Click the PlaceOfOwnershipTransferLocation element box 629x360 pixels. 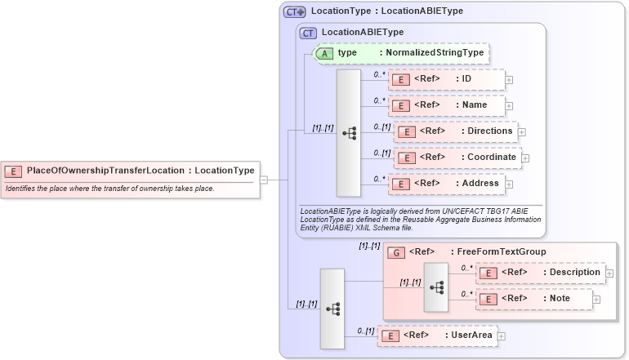(132, 171)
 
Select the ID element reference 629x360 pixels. (446, 79)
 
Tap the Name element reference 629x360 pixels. (446, 105)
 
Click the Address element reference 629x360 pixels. (446, 184)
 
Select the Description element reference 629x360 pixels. (540, 273)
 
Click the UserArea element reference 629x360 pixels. (436, 336)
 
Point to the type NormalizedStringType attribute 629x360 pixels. (401, 53)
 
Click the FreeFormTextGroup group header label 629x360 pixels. (477, 251)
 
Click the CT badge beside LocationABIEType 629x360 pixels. (309, 33)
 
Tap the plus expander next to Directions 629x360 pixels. (522, 132)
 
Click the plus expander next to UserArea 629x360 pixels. (501, 336)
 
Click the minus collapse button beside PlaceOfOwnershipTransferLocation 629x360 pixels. (264, 180)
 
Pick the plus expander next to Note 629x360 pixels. (596, 300)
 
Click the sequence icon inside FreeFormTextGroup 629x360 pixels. (437, 287)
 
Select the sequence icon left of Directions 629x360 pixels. (349, 133)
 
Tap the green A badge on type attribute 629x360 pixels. (324, 53)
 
